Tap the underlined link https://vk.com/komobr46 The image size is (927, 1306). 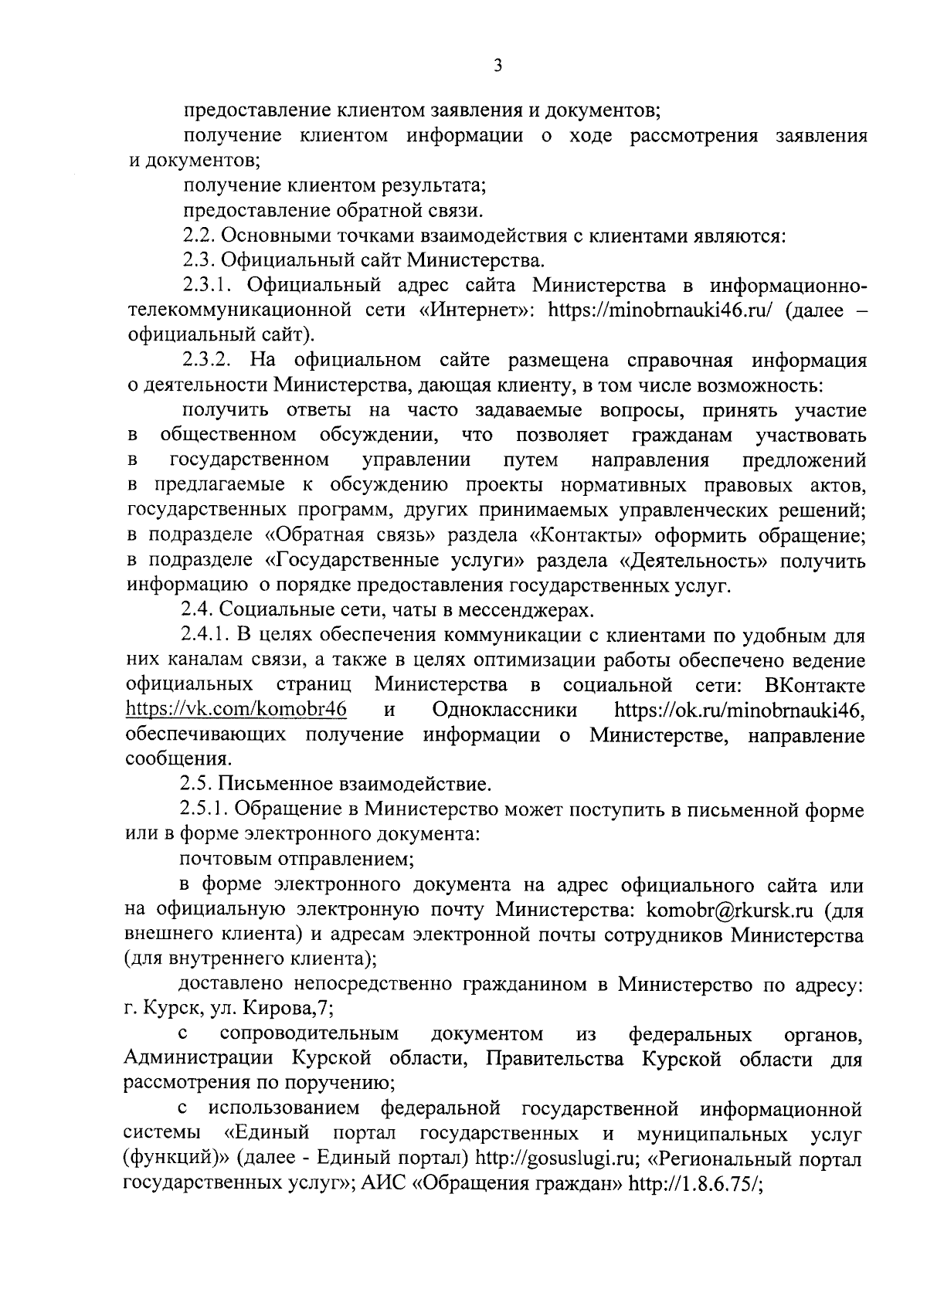(x=236, y=709)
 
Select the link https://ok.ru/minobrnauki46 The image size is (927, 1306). (x=739, y=709)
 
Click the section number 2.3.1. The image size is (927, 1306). (x=209, y=285)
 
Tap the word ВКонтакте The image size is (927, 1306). (x=813, y=685)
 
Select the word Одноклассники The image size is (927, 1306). (x=504, y=709)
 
